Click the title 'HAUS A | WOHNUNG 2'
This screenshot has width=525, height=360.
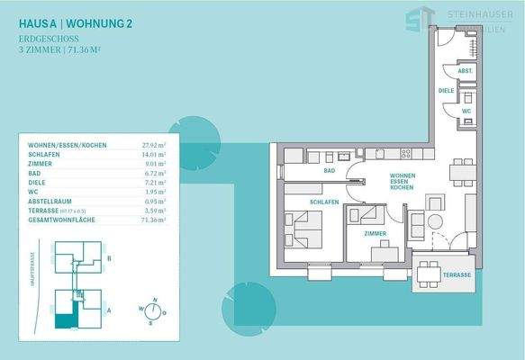(76, 23)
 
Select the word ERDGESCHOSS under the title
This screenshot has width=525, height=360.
(46, 40)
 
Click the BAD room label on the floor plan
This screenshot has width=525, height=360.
(330, 170)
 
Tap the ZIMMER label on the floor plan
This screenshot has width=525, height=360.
(376, 233)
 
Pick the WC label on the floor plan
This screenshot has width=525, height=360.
(466, 111)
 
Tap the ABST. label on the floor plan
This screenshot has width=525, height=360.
(465, 70)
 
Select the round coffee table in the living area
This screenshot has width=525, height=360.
(436, 220)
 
